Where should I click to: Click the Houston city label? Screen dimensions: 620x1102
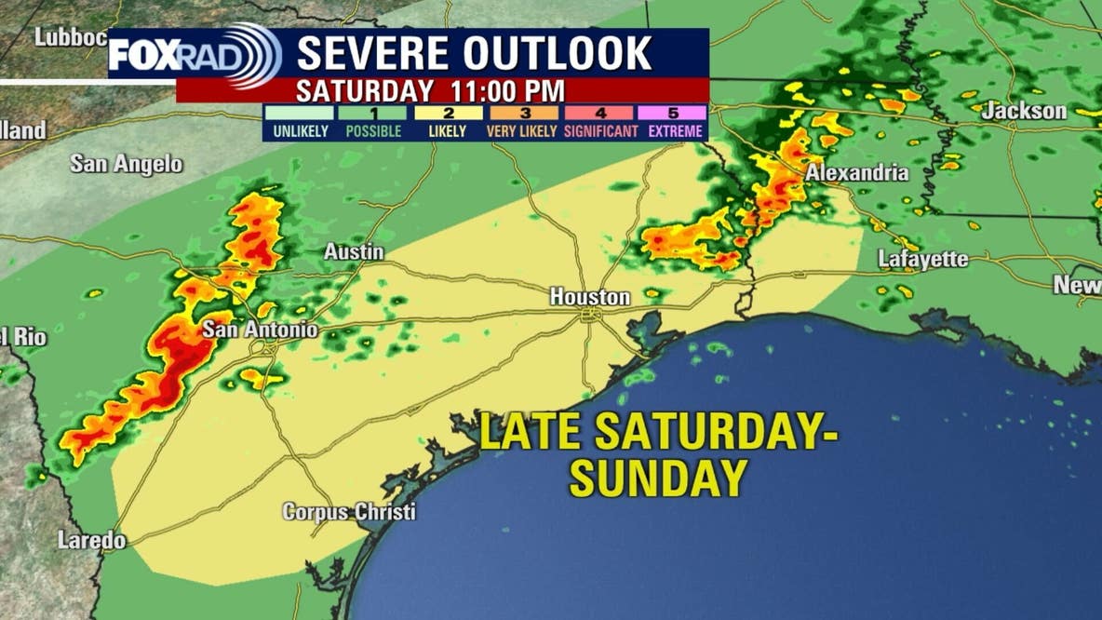point(589,297)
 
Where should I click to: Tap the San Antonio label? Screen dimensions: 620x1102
point(260,330)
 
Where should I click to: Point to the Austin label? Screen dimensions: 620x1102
point(354,252)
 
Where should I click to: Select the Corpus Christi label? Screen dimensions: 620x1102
point(349,512)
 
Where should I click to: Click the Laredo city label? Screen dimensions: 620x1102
point(91,540)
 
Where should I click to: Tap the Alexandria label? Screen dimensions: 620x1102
point(856,172)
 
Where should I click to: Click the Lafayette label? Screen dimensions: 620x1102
point(923,260)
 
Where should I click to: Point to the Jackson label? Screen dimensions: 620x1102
point(1025,111)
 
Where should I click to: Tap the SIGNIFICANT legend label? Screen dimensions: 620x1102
point(600,131)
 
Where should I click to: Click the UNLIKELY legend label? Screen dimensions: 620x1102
point(300,131)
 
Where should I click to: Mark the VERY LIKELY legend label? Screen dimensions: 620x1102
point(521,131)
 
